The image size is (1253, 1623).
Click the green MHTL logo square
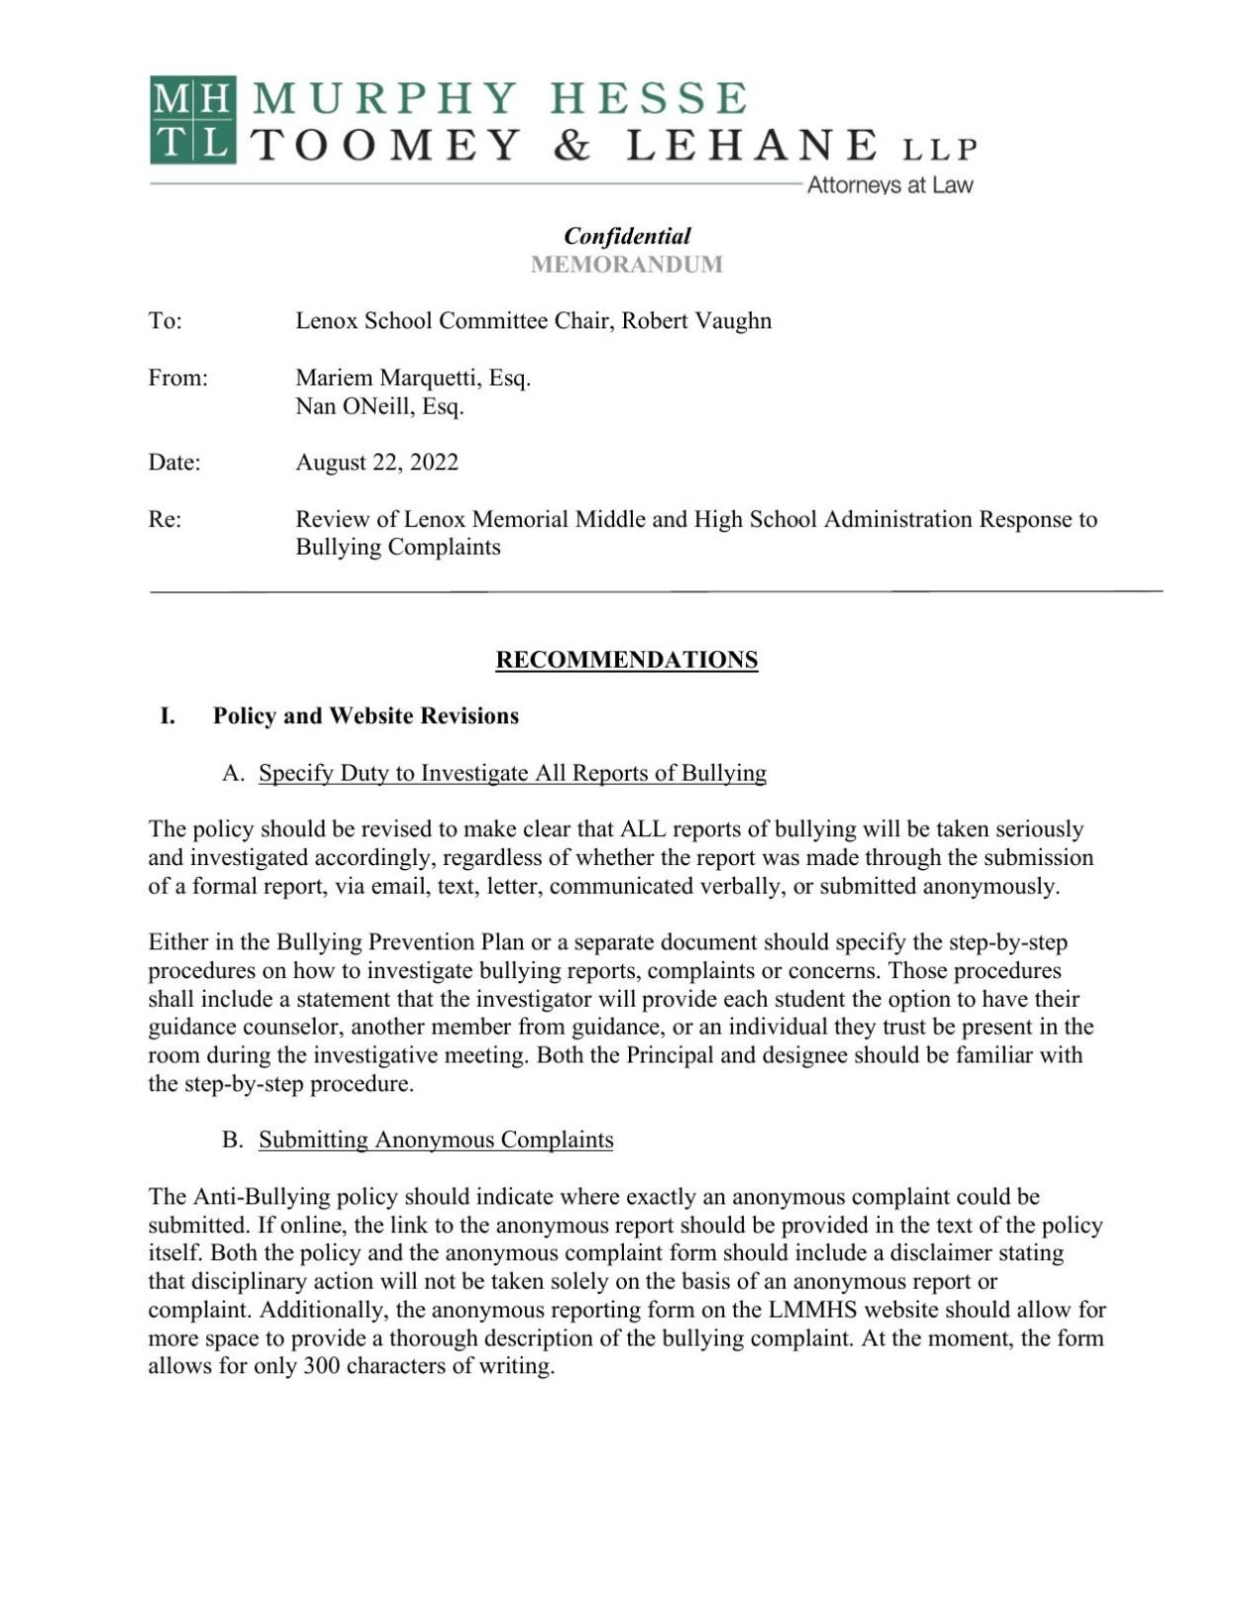(193, 120)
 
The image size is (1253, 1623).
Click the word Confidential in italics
(626, 236)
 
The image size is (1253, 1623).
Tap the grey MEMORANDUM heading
(626, 265)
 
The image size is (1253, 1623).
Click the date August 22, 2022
(376, 463)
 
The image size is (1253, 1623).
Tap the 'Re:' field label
(164, 519)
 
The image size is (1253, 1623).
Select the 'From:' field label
(177, 378)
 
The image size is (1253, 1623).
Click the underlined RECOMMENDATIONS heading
(626, 660)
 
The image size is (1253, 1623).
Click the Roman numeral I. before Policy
(167, 716)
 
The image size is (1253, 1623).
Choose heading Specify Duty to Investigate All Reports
(512, 773)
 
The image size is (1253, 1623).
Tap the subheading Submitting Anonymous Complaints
(436, 1139)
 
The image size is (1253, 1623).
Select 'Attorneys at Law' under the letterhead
(889, 185)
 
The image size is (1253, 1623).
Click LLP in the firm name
(939, 150)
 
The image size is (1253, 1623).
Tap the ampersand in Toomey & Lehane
(572, 147)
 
